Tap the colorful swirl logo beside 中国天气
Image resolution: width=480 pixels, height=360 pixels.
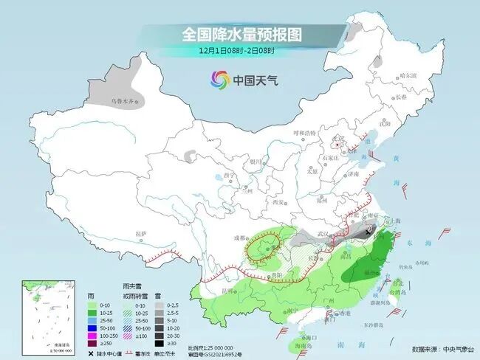[219, 79]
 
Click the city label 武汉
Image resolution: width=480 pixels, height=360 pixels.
[321, 234]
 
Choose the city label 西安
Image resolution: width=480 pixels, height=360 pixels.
[278, 201]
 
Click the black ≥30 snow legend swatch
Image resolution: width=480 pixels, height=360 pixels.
[163, 342]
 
